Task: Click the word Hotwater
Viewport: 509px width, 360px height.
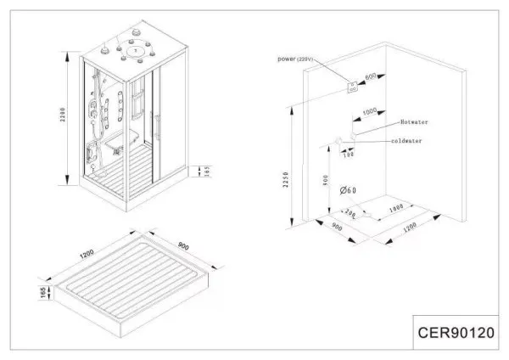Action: (413, 122)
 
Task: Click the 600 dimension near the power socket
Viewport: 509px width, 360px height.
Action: (371, 77)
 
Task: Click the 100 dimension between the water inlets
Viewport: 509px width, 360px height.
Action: (345, 155)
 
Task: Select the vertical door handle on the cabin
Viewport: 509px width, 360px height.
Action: (155, 127)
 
